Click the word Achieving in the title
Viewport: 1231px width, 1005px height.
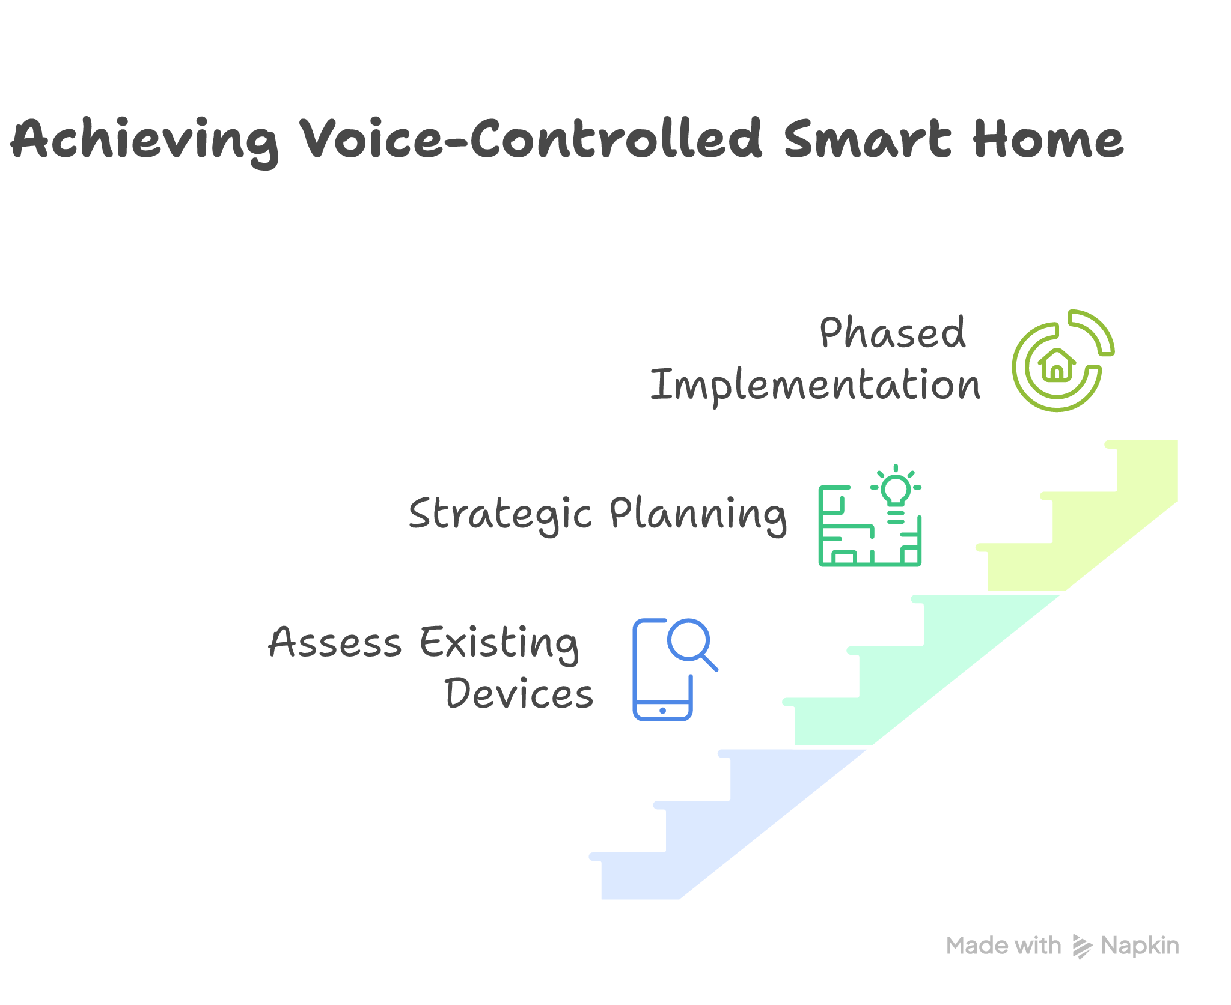point(144,140)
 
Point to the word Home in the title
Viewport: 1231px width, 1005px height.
point(1048,139)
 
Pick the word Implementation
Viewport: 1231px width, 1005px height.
point(815,385)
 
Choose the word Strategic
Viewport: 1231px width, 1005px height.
point(501,514)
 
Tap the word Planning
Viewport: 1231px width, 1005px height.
point(698,514)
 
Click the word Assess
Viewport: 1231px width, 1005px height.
point(335,642)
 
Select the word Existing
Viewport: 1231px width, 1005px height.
point(499,643)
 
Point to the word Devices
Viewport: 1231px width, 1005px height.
point(519,694)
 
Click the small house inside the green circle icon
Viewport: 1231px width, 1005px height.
point(1057,365)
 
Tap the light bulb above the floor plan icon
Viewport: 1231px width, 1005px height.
point(896,489)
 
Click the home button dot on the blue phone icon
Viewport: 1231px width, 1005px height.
point(662,711)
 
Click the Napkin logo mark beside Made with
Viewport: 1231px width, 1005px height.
point(1082,947)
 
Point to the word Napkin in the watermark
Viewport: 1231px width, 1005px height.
point(1140,946)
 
